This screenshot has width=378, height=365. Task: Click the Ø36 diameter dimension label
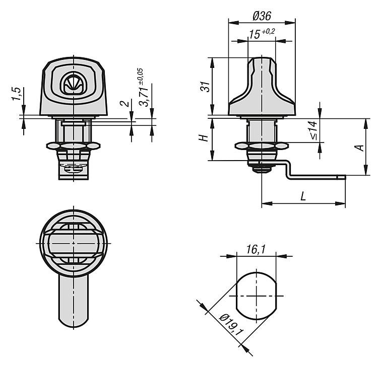[x=262, y=16]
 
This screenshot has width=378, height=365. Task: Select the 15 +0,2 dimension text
[x=262, y=34]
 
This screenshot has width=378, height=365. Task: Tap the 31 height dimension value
[x=206, y=87]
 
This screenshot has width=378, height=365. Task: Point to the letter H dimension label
[x=204, y=138]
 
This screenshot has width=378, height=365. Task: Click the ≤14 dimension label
[x=313, y=130]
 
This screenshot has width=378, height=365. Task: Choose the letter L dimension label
[x=303, y=196]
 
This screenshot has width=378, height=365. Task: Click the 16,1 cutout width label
[x=256, y=249]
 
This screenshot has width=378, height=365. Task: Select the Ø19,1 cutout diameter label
[x=231, y=325]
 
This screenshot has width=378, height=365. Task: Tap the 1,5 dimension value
[x=17, y=94]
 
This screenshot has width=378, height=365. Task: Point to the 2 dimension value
[x=125, y=104]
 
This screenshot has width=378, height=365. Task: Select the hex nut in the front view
[x=74, y=146]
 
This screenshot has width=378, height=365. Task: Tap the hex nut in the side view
[x=262, y=145]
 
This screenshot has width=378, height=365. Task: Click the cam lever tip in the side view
[x=341, y=177]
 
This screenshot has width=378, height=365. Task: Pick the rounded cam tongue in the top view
[x=74, y=301]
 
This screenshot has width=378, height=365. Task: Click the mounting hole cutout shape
[x=256, y=296]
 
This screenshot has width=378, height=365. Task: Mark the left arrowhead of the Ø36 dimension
[x=233, y=23]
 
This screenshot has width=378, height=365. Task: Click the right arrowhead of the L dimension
[x=340, y=204]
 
